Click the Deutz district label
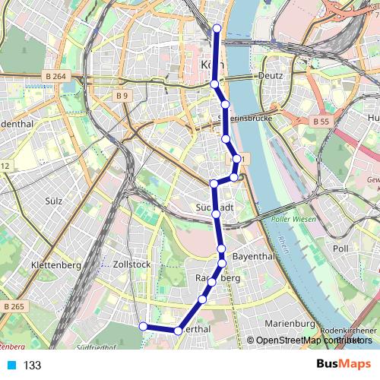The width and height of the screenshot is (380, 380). pos(270,75)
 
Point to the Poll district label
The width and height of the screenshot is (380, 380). pos(340,249)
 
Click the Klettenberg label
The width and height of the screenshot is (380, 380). pos(55,265)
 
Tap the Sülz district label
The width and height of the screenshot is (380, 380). pos(52,201)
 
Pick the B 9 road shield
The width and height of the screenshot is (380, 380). pos(122,95)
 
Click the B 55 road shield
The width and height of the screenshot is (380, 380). pos(321,120)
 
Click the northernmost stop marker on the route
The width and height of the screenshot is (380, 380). pos(217,28)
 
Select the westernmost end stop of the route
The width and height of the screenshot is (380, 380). pos(142,326)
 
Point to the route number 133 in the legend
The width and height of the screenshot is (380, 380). pos(32,366)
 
